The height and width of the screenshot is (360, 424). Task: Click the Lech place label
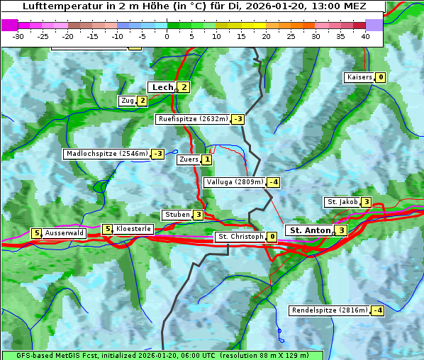tap(162, 87)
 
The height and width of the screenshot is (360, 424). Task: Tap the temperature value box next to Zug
tap(142, 101)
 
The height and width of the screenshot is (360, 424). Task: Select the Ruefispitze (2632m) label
tap(193, 119)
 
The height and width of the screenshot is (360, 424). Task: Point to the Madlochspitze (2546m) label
tap(106, 154)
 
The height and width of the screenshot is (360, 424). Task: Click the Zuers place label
tap(188, 160)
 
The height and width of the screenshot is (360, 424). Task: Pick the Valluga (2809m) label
tap(235, 182)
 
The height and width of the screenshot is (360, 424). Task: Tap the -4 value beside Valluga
tap(274, 182)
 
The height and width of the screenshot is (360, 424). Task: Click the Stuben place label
tap(177, 215)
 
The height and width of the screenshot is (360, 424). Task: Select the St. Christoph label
tap(240, 237)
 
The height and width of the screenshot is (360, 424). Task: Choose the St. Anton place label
tap(310, 230)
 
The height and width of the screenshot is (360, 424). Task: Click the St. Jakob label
tap(342, 203)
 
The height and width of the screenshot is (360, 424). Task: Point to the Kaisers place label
tap(359, 77)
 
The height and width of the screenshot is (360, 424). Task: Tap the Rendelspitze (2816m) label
tap(330, 310)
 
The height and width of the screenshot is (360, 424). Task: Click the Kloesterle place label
tap(133, 229)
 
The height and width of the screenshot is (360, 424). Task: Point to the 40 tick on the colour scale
tap(365, 36)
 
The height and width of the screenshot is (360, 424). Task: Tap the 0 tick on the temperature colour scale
tap(167, 36)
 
